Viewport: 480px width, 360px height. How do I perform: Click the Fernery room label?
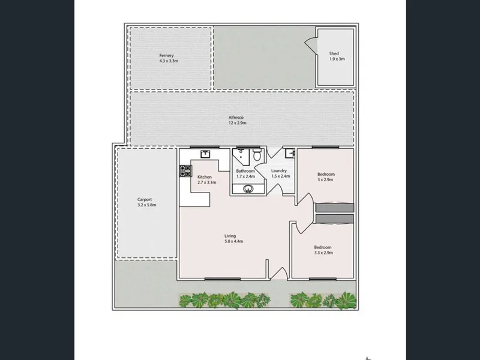coord(166,55)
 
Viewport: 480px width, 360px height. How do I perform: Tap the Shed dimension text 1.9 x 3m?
coord(337,59)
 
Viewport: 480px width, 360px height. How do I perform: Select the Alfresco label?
coord(236,117)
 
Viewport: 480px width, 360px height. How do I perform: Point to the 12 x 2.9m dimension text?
coord(237,123)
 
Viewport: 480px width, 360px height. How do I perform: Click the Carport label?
coord(145,200)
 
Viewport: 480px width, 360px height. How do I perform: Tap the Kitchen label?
coord(205,177)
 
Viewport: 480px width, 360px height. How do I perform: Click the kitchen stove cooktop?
coord(185,171)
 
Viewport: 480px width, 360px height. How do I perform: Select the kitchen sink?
coord(205,154)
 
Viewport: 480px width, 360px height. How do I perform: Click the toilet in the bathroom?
coord(257,155)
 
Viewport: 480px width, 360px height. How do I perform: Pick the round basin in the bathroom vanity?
coord(248,189)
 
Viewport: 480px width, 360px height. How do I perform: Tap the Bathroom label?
coord(245,171)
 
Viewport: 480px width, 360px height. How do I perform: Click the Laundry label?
coord(279,170)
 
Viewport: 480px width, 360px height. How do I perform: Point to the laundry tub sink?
coord(290,154)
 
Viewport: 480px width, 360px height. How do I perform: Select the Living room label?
coord(230,236)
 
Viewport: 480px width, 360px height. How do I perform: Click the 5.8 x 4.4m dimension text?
coord(234,241)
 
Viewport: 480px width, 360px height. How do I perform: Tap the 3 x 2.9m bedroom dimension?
coord(325,179)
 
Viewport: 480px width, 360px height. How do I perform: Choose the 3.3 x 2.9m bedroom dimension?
coord(323,253)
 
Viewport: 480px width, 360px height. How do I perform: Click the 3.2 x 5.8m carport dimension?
coord(147,205)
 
